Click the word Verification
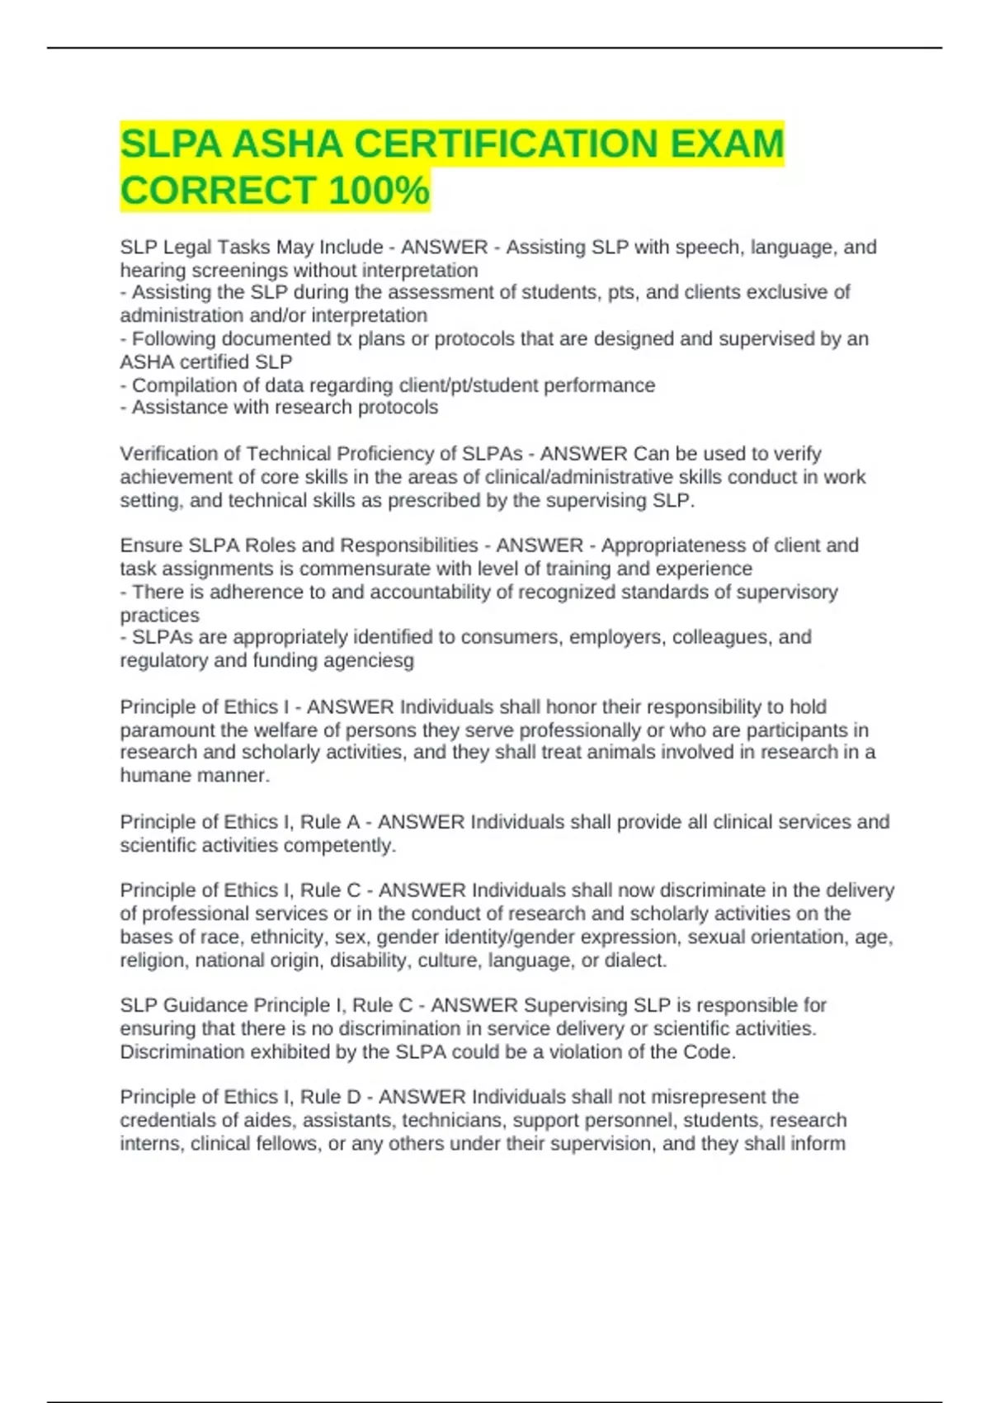179,454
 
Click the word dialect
635,961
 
